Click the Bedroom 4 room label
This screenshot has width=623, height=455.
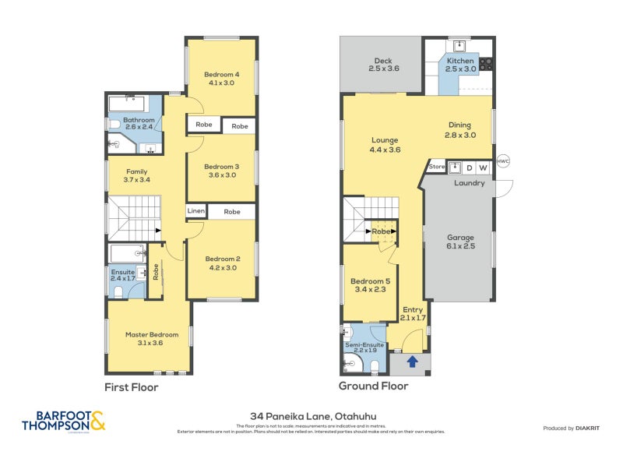coord(223,78)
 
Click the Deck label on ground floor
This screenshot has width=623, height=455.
coord(383,65)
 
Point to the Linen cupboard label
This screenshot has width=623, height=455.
coord(195,211)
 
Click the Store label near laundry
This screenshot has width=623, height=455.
coord(436,167)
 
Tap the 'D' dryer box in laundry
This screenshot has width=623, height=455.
coord(470,168)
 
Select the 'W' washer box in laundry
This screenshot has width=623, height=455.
coord(483,168)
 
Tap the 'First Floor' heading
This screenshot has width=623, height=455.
coord(132,386)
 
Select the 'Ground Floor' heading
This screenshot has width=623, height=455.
coord(373,386)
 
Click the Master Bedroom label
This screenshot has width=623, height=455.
coord(152,338)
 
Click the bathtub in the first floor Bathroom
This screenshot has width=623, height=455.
coord(133,104)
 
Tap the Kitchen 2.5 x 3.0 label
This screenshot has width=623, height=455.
coord(459,65)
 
